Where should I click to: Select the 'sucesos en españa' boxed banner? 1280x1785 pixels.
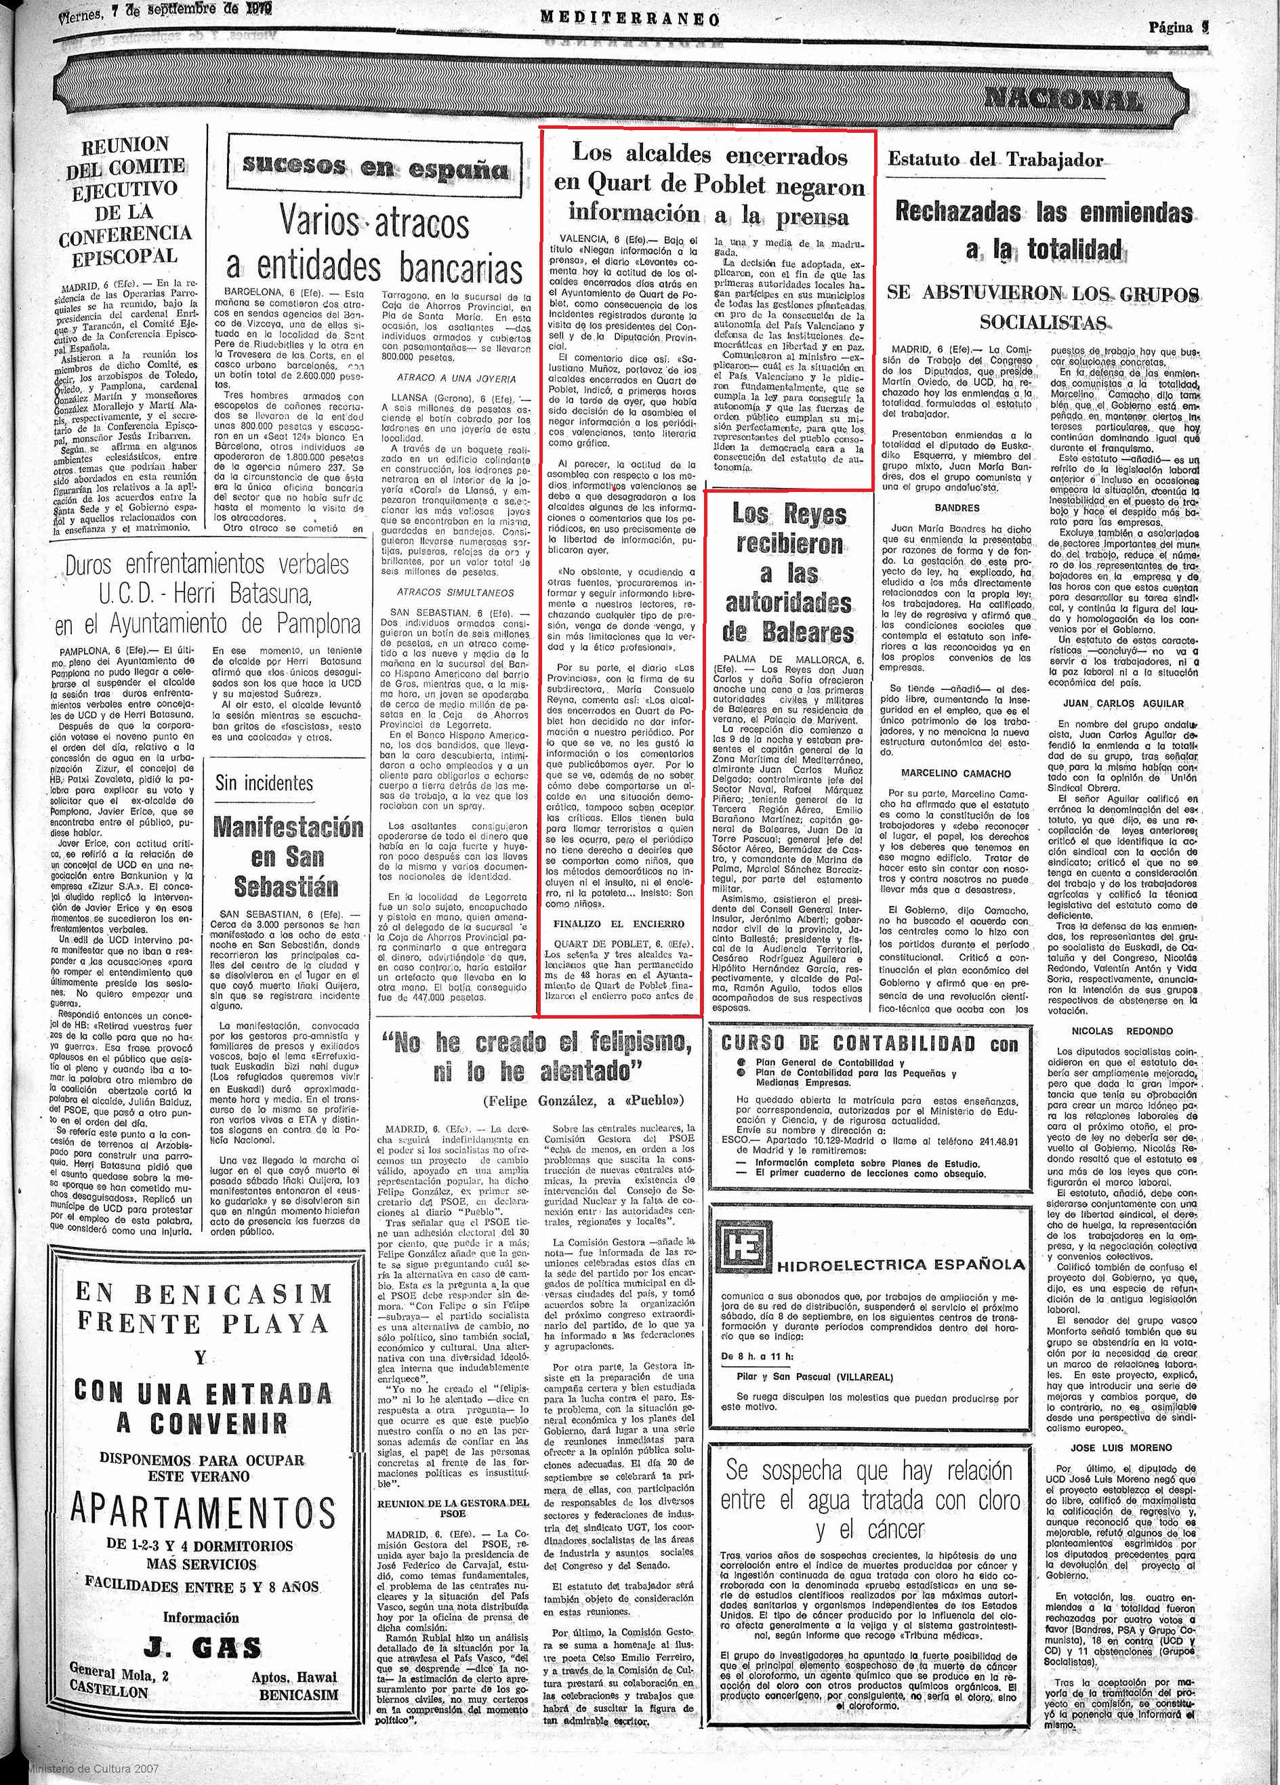[375, 167]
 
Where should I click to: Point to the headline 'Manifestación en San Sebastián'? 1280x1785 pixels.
[288, 857]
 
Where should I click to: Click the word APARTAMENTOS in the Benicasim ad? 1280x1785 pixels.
[204, 1511]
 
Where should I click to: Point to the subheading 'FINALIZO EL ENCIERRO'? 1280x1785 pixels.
[619, 923]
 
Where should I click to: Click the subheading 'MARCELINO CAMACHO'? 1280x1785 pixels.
[956, 773]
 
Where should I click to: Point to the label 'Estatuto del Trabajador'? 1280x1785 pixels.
[995, 159]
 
